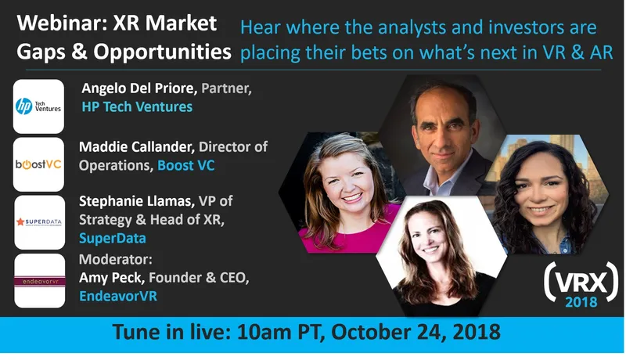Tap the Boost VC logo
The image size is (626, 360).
[x=39, y=164]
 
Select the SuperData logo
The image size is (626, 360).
[x=39, y=222]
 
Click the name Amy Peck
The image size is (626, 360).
[x=111, y=280]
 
